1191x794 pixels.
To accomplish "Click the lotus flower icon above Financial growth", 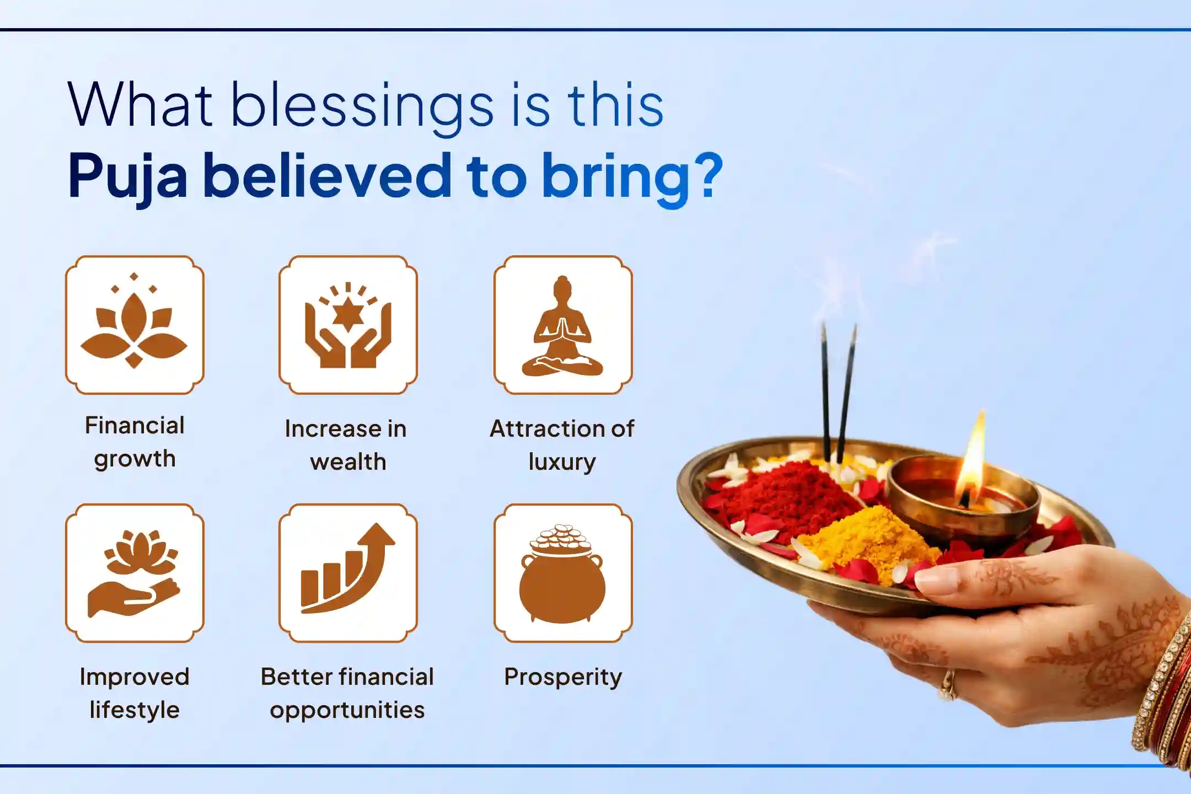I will [x=134, y=325].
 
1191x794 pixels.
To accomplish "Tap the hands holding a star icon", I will [x=348, y=325].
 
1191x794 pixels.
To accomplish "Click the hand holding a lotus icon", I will [x=134, y=573].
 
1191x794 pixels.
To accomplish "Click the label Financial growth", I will [x=135, y=442].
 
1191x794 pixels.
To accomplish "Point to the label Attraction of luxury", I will [x=562, y=445].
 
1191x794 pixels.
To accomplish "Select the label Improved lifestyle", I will [x=135, y=693].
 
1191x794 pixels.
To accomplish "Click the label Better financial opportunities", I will [x=347, y=693].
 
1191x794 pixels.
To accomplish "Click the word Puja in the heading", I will [x=128, y=176].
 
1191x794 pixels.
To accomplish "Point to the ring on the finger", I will [x=948, y=684].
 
